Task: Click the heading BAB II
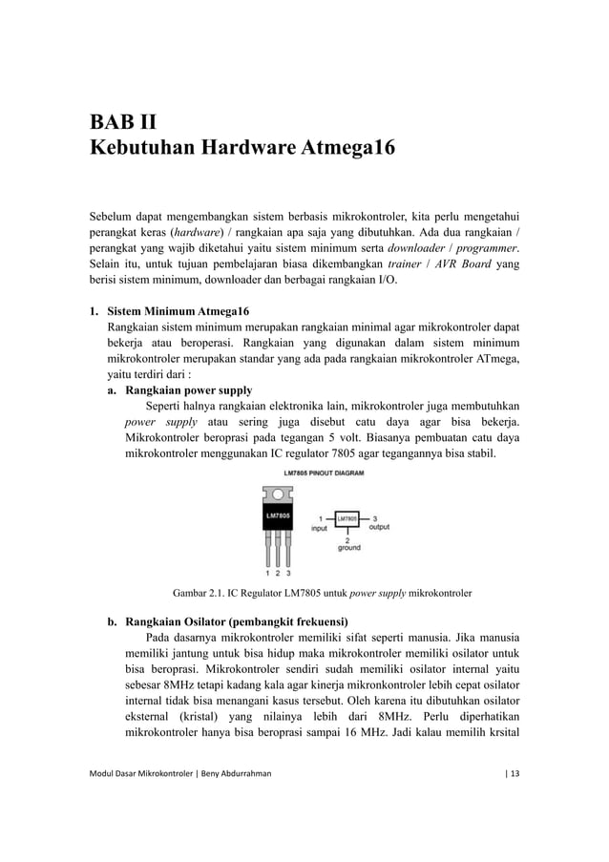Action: [x=123, y=122]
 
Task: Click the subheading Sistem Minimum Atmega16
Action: [x=178, y=312]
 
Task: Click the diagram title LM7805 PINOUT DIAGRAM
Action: [x=323, y=473]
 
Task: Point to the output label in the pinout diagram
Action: [x=378, y=526]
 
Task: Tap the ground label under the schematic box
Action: [x=348, y=548]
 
